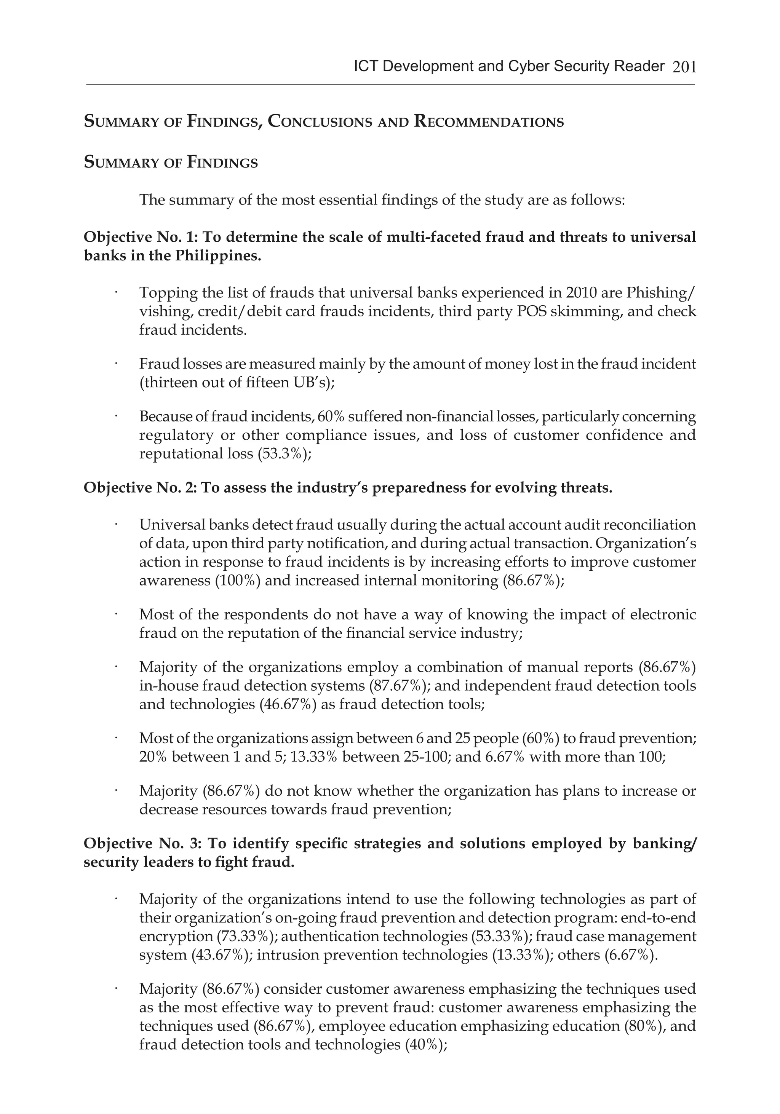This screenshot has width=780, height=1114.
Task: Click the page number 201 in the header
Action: tap(684, 67)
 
